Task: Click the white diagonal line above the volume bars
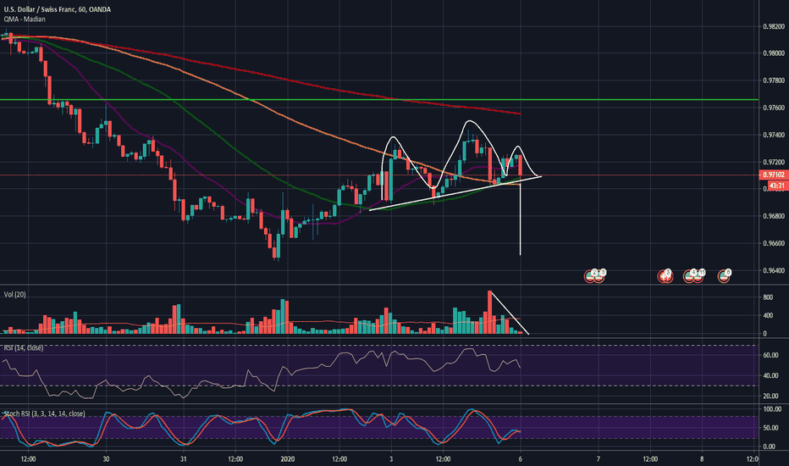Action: pos(512,314)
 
